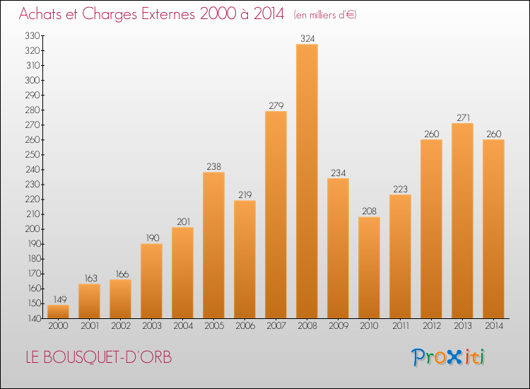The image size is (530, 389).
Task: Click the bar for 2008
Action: point(307,181)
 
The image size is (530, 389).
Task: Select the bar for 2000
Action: point(58,311)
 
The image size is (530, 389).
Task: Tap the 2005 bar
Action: point(213,245)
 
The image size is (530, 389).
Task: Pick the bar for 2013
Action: point(462,221)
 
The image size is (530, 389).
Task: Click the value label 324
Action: point(307,39)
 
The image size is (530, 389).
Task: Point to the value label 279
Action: point(276,105)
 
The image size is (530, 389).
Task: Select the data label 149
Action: point(60,299)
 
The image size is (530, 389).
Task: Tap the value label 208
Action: point(369,211)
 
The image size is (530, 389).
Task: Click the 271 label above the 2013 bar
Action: point(463,117)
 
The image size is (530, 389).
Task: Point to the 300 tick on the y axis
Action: point(33,80)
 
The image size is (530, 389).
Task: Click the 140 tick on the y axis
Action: point(33,318)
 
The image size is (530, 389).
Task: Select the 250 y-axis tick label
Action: point(33,155)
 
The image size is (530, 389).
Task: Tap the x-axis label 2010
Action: point(369,326)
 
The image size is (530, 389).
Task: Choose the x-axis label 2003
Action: point(152,326)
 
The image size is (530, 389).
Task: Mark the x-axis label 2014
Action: point(494,326)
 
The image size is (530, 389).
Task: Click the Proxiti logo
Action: point(448,357)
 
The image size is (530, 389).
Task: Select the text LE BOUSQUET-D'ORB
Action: point(99,357)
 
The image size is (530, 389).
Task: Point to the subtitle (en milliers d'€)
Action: point(325,15)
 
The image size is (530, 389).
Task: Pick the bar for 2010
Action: point(369,267)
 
